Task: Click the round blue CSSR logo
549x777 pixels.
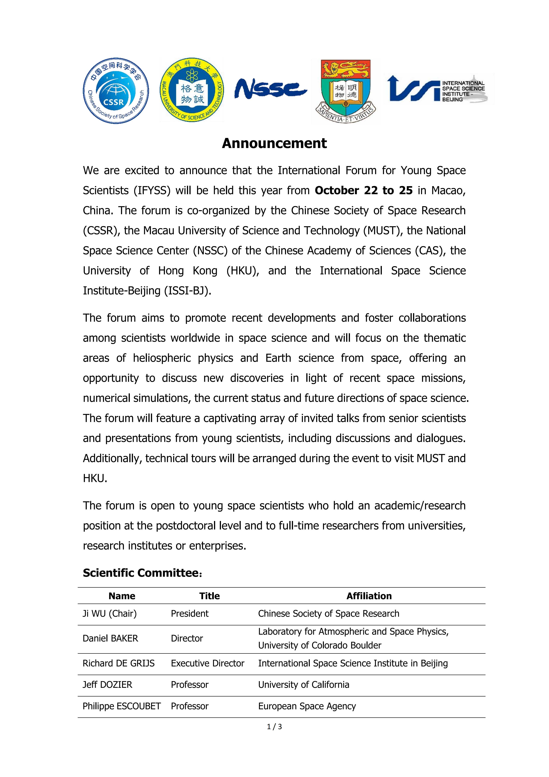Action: (116, 90)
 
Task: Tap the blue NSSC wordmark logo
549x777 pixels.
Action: (271, 89)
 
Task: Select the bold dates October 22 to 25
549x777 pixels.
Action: (364, 191)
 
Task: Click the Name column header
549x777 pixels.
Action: (122, 596)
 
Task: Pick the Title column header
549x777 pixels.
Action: (209, 596)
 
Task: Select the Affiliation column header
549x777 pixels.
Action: (369, 596)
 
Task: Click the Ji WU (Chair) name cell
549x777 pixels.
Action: (110, 614)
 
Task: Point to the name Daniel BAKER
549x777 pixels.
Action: (110, 638)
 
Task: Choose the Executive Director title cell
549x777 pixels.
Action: (207, 663)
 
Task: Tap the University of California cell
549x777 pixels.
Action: (303, 685)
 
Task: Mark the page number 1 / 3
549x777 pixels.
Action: (274, 726)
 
